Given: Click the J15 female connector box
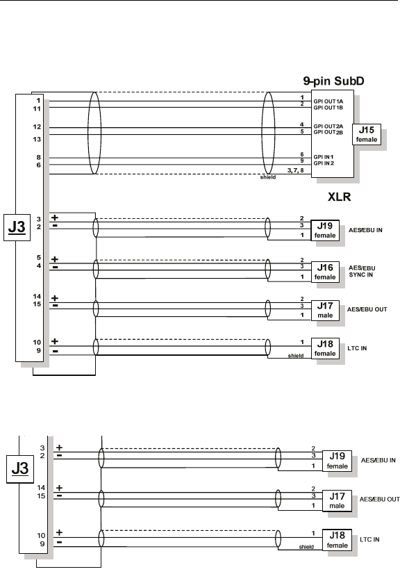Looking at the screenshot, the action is (x=367, y=134).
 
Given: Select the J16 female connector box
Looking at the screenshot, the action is (x=325, y=272).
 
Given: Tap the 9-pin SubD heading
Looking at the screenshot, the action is (x=333, y=81).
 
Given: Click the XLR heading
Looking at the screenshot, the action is (x=340, y=197).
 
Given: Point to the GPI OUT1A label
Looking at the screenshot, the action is (x=328, y=101).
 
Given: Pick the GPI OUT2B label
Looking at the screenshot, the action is (x=328, y=132).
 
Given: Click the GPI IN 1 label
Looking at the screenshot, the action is (x=324, y=157).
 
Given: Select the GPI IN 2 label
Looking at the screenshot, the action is (x=324, y=163).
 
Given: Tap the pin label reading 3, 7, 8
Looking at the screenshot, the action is (x=295, y=170).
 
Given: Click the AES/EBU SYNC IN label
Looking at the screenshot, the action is (x=362, y=271).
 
